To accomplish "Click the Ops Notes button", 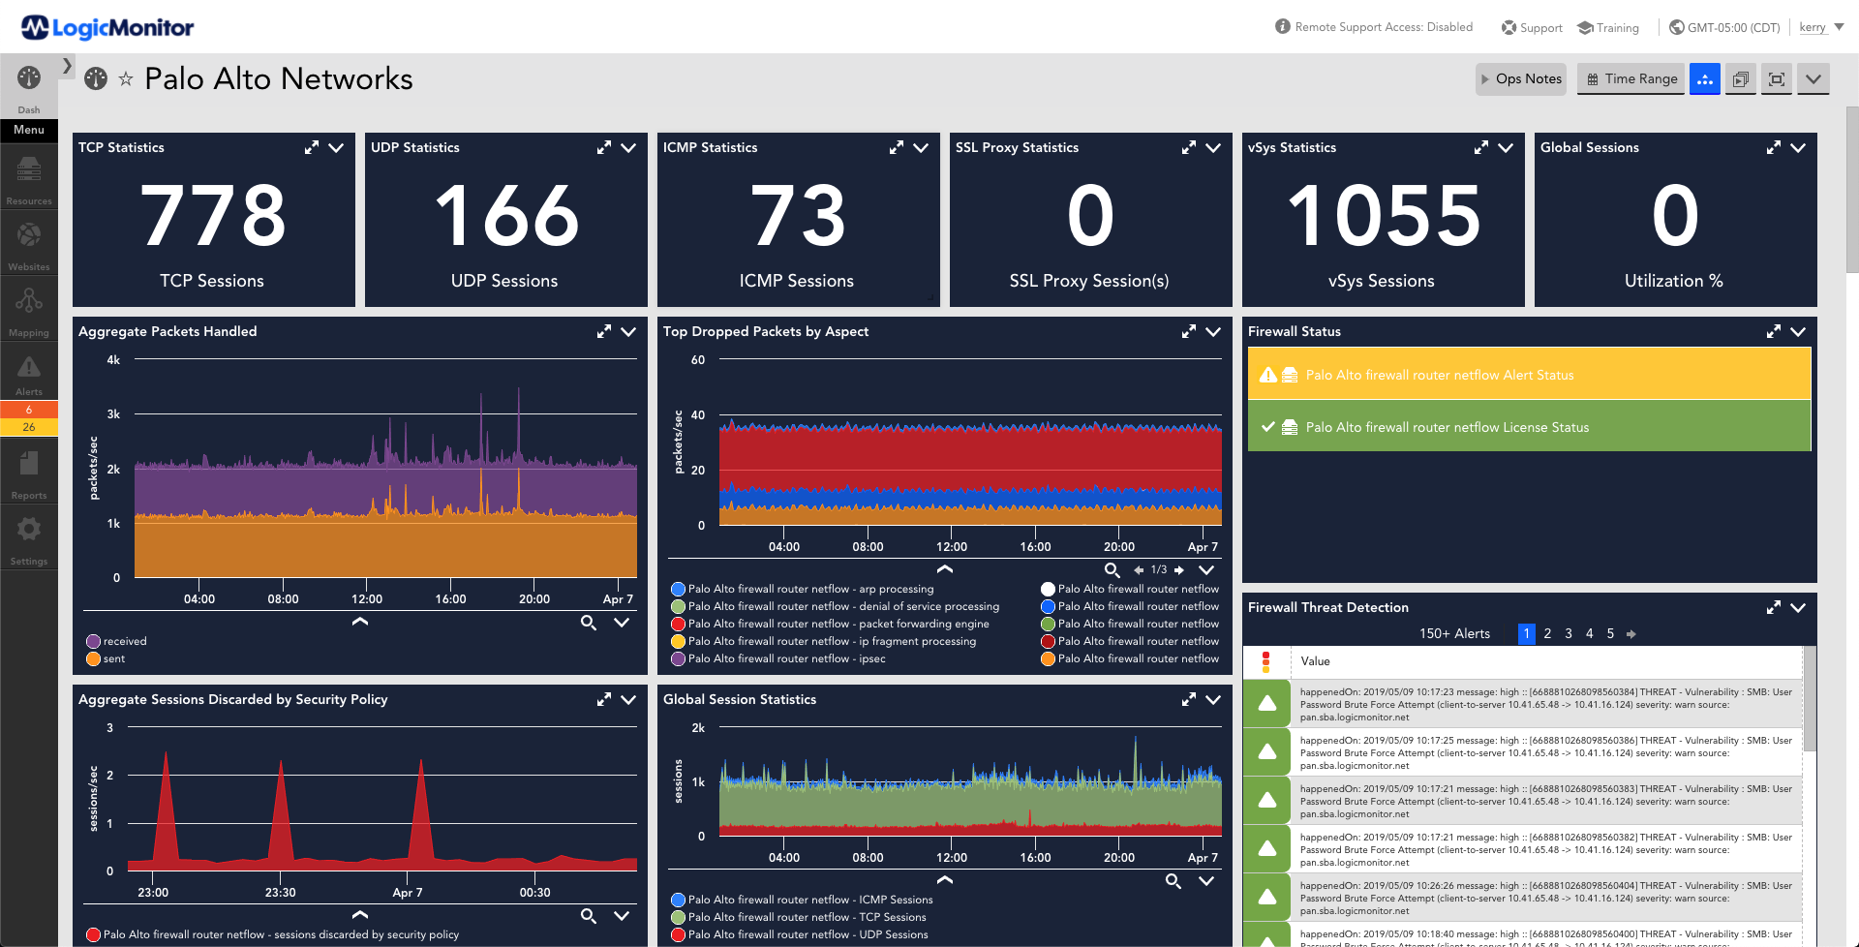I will (x=1522, y=79).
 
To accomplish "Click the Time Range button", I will (x=1631, y=79).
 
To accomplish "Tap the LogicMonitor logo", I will (x=107, y=28).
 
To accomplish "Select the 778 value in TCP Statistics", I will (x=213, y=216).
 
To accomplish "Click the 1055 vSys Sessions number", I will (x=1383, y=216).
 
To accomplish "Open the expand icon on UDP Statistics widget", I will (x=603, y=148).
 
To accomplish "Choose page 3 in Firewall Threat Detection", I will (x=1569, y=634).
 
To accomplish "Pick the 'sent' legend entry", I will (x=114, y=658).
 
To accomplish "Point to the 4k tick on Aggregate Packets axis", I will (x=113, y=360).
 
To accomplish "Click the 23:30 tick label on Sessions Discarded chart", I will (x=280, y=893).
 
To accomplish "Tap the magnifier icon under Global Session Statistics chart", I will (x=1173, y=881).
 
